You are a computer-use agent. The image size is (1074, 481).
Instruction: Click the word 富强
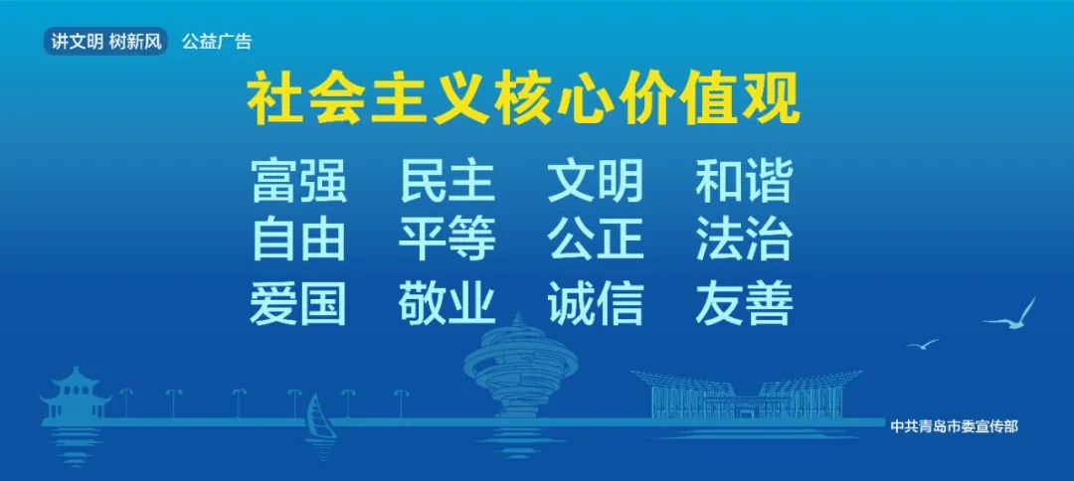299,180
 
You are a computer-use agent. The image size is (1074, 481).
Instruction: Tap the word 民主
447,180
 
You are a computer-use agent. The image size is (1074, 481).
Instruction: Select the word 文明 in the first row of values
596,180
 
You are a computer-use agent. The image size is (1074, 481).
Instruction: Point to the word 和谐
744,180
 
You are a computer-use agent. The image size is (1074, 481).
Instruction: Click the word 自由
298,240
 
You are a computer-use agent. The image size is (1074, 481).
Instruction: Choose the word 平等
447,240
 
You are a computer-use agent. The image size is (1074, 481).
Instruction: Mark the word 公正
596,240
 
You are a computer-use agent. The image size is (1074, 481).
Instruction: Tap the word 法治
744,240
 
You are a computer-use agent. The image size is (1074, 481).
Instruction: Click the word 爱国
298,302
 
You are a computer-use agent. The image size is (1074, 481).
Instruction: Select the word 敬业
447,302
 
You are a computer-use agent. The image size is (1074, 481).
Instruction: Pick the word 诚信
596,302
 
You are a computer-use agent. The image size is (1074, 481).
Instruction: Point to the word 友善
745,302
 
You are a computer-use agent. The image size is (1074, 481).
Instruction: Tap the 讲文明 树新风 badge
106,41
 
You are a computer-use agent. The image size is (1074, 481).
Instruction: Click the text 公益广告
217,42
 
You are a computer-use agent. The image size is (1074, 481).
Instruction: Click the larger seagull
1012,317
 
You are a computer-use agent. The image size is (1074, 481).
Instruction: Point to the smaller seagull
923,344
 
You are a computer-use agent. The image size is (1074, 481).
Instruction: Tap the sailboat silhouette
320,416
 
